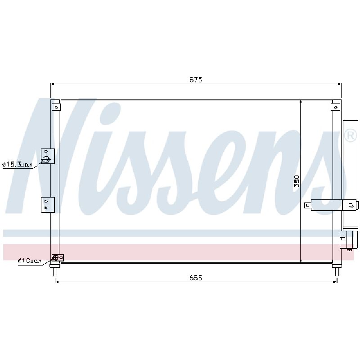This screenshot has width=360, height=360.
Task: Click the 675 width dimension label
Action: tap(196, 80)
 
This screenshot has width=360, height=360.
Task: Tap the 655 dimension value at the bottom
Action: tap(196, 278)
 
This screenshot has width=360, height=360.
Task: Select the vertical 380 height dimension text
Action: tap(297, 181)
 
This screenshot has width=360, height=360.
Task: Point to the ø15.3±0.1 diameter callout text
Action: tap(17, 165)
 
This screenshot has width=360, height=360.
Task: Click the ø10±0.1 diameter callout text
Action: tap(30, 261)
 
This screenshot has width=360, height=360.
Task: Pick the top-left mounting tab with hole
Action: tap(56, 107)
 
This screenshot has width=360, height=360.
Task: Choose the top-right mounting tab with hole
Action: tap(335, 107)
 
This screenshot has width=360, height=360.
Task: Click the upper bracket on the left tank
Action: tap(48, 156)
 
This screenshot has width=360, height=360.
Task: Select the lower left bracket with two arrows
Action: tap(48, 205)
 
